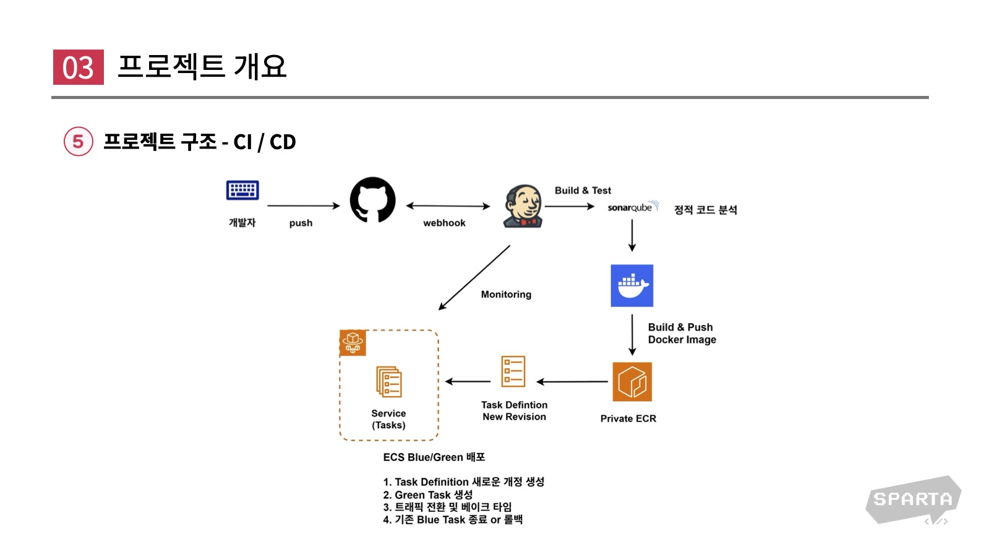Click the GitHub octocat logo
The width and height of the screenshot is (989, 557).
coord(372,200)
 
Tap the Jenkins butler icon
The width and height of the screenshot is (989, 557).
coord(523,206)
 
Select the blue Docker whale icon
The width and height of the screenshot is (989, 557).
coord(632,286)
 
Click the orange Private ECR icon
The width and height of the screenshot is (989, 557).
coord(632,382)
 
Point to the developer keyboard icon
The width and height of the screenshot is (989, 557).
coord(242,191)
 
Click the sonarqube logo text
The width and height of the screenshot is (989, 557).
coord(630,207)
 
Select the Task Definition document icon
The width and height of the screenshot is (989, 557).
coord(513,371)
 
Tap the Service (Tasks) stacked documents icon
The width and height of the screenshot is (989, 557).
coord(389,382)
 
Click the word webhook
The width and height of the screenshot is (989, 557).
coord(444,223)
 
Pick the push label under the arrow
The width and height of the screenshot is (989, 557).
coord(301,223)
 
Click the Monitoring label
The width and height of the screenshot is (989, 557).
coord(506,295)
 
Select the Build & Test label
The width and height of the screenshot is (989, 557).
coord(583,191)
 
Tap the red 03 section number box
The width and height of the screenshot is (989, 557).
coord(78,67)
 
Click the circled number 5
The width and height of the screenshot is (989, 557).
coord(79,142)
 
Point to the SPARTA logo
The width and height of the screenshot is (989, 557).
coord(913,499)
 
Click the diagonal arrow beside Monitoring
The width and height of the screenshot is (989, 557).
coord(474,277)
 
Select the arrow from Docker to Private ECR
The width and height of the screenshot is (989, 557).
coord(632,335)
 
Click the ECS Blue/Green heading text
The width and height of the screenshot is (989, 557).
coord(434,457)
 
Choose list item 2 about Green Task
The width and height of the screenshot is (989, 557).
coord(427,495)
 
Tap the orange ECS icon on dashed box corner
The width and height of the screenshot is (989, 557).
coord(353,343)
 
